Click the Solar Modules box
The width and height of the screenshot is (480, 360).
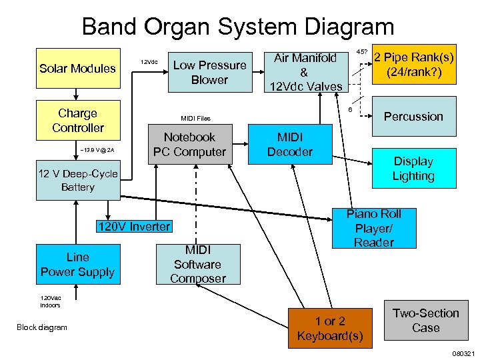[x=77, y=69]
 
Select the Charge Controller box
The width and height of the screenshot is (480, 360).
[x=77, y=121]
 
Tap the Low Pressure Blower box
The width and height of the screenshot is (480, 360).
[x=209, y=72]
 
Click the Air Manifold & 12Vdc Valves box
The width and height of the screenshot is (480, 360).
[x=305, y=71]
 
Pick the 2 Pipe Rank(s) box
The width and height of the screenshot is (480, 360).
[x=413, y=64]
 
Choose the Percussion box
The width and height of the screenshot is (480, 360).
[x=413, y=117]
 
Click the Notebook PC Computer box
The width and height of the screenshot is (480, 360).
[x=189, y=145]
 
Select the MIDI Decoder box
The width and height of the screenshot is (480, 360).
[x=289, y=145]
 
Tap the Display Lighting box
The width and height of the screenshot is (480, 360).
[x=413, y=169]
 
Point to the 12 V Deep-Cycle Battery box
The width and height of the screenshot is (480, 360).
[x=77, y=181]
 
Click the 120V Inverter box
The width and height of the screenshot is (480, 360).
[x=133, y=227]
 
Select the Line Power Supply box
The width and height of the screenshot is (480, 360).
[x=77, y=264]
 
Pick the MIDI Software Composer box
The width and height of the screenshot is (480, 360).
[x=197, y=264]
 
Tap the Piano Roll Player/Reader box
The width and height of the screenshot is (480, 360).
[x=374, y=228]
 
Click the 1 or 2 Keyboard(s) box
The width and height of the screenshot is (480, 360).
[x=330, y=328]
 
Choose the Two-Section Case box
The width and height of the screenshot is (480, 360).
[x=425, y=321]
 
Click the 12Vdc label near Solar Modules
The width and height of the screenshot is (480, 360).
[x=149, y=63]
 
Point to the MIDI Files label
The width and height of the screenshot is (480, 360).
[x=195, y=119]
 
